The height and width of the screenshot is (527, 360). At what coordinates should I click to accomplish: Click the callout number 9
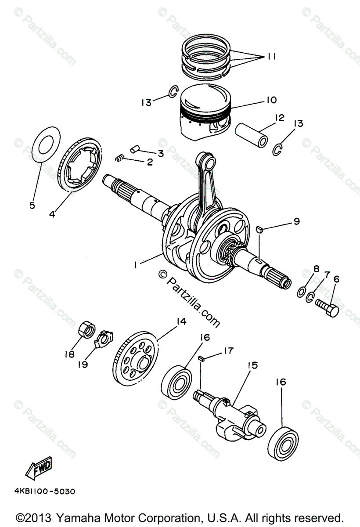pyautogui.click(x=297, y=222)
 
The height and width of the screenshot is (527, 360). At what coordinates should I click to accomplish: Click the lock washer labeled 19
pyautogui.click(x=104, y=338)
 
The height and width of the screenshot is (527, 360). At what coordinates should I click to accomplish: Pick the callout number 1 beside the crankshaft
pyautogui.click(x=137, y=265)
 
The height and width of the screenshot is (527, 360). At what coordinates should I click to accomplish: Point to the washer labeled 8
pyautogui.click(x=302, y=292)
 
